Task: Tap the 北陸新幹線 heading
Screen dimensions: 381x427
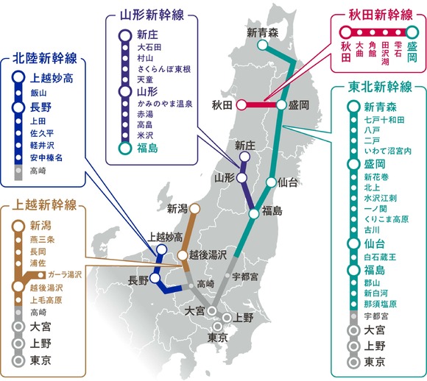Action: (46, 58)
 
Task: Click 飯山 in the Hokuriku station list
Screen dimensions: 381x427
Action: (39, 93)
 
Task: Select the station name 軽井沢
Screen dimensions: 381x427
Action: (42, 145)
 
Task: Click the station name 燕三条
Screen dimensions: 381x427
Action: (42, 238)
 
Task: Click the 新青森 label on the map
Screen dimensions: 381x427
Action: (261, 32)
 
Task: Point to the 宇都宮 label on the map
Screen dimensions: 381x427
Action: (244, 277)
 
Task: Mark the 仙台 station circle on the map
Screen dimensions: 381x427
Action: (272, 182)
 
